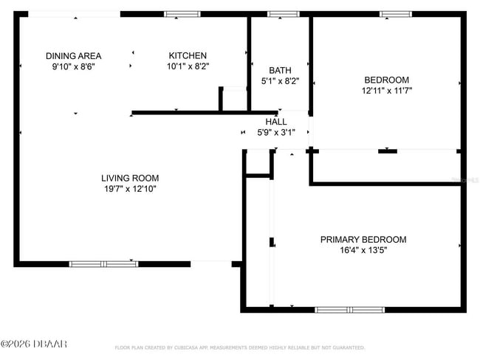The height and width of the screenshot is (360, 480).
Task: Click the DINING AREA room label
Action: [x=73, y=56]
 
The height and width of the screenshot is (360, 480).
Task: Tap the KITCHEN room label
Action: [x=188, y=56]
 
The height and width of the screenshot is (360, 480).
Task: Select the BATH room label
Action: [x=280, y=71]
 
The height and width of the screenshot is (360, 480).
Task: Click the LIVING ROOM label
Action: [x=130, y=178]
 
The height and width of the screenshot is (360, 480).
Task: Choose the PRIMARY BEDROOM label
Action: [x=363, y=240]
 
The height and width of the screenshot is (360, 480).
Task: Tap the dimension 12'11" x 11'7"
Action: [x=386, y=91]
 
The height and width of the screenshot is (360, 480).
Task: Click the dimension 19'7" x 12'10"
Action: [x=130, y=189]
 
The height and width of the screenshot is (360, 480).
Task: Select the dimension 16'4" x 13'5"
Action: [x=363, y=251]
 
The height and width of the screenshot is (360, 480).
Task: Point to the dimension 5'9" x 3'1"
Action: [x=276, y=133]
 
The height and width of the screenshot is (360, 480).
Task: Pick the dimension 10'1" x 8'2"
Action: [x=188, y=66]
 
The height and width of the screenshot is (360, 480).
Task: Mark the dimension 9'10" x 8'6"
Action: [x=73, y=66]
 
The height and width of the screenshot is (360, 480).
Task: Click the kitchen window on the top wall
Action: [x=182, y=14]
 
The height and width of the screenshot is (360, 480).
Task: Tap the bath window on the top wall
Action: [x=283, y=14]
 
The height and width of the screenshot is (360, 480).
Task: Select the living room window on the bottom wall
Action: [x=103, y=263]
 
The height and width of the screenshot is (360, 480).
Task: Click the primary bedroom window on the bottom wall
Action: [x=349, y=310]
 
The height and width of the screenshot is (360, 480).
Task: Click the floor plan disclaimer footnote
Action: [x=239, y=347]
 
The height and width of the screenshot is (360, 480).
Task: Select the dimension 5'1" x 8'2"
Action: [x=280, y=82]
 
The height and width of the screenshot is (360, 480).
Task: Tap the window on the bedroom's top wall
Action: [x=396, y=14]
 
